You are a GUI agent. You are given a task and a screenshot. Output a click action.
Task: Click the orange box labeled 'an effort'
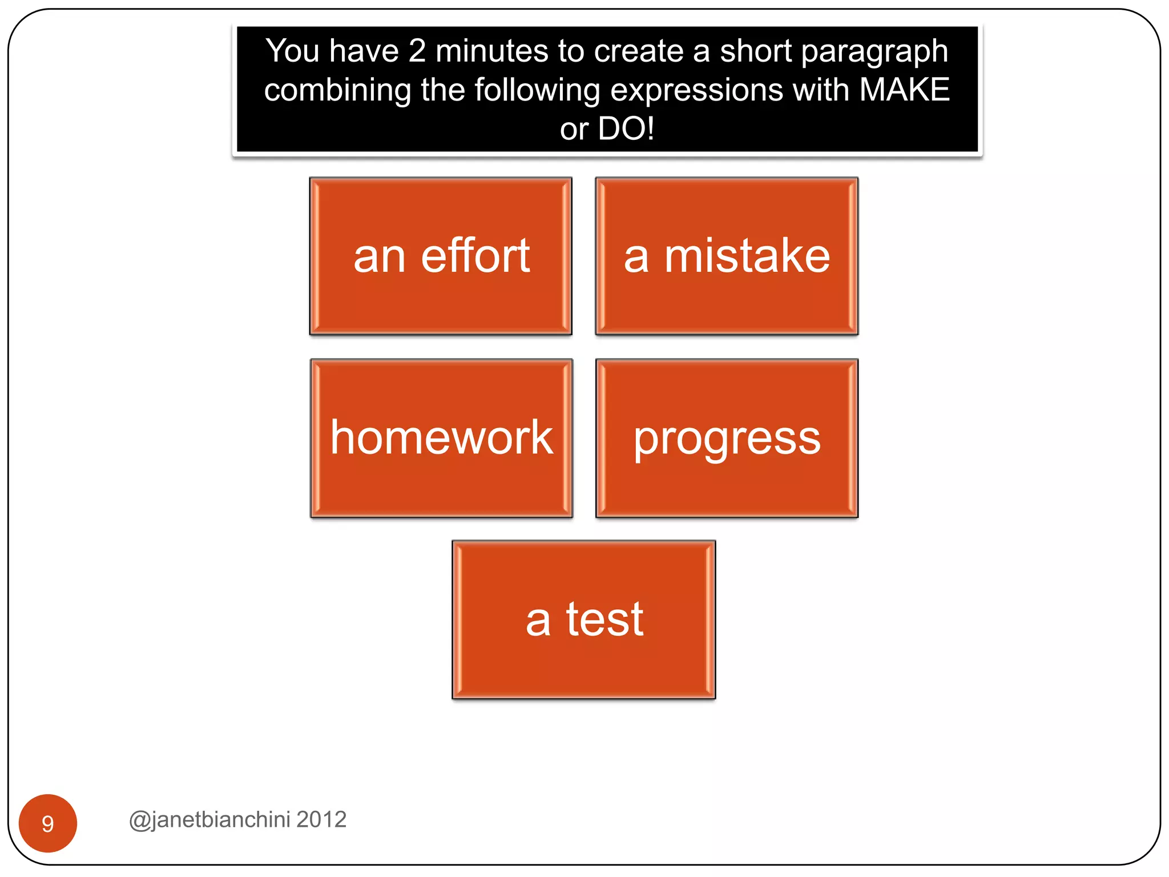[441, 256]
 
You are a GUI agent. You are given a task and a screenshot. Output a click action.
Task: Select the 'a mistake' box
[727, 256]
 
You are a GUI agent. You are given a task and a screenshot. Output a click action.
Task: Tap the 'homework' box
[441, 438]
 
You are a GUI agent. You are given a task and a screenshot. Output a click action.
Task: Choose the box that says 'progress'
[727, 438]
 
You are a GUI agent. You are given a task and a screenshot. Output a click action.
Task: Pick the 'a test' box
[583, 619]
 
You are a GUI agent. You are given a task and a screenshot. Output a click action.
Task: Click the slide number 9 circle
[48, 823]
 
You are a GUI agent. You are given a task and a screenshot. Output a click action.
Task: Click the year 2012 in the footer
[321, 819]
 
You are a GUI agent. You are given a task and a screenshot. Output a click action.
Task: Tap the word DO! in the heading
[626, 128]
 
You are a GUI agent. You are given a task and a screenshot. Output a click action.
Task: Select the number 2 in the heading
[417, 51]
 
